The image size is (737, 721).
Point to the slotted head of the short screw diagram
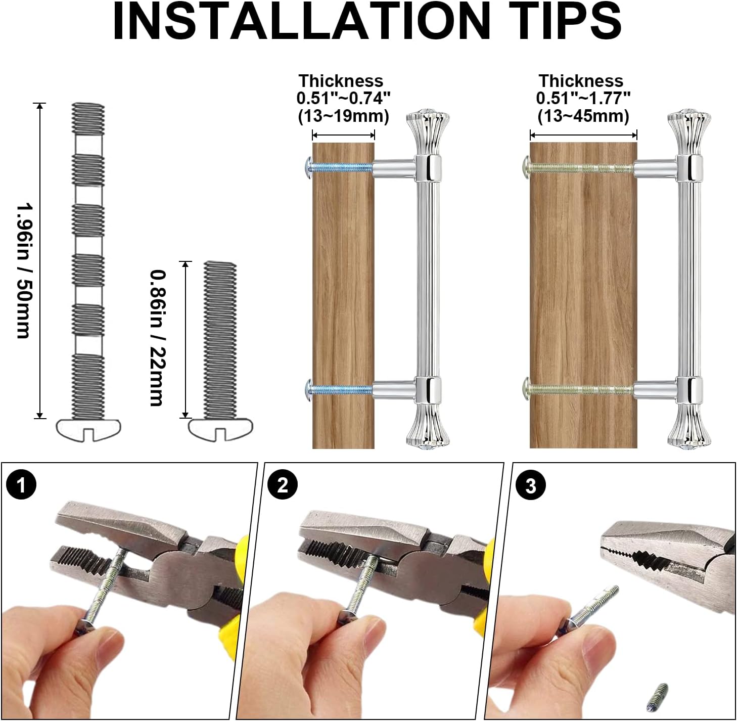221,429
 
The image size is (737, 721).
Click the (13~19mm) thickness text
344,116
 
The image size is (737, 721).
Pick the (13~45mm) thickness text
583,116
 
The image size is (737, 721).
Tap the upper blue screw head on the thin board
308,167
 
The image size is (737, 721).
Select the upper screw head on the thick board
526,167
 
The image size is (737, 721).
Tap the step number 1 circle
21,485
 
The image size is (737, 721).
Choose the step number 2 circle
282,485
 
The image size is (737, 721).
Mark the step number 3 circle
531,485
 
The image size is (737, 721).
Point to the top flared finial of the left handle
428,132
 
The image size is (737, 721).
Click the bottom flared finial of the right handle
689,427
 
